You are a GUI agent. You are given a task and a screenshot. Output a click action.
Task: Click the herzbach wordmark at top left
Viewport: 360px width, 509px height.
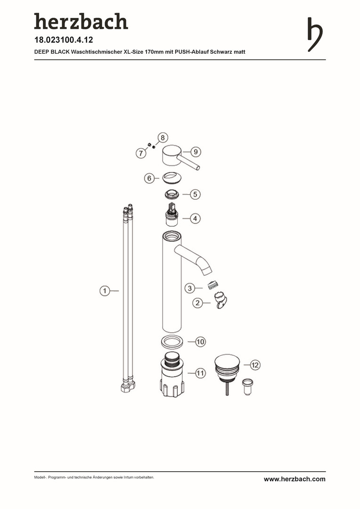81,21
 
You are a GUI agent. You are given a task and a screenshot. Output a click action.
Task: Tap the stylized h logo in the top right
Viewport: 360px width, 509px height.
315,34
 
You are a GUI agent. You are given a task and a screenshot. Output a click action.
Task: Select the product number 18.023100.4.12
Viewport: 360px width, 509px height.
64,40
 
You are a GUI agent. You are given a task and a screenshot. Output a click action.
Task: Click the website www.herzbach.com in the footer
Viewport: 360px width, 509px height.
295,479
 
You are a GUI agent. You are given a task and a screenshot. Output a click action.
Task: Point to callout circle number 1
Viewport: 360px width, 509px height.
105,290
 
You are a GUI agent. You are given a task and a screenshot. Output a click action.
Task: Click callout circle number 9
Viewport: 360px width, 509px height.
196,152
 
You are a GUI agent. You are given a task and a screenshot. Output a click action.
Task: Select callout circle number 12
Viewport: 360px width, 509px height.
255,365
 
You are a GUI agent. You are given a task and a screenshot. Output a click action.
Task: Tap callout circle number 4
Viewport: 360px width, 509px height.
195,219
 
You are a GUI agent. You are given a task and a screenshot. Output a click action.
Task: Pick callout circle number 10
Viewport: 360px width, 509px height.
200,342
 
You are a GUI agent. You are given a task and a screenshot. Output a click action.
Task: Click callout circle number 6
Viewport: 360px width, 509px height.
149,178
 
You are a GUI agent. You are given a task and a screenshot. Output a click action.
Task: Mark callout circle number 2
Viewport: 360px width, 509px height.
197,303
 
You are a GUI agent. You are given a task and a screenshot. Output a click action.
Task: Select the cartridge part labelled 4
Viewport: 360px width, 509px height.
172,214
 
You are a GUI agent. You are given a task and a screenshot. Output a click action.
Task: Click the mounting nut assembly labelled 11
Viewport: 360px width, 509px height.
172,375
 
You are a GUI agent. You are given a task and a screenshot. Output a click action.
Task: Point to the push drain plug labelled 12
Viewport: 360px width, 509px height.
227,373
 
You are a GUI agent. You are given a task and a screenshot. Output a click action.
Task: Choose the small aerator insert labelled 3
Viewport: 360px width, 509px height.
212,285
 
